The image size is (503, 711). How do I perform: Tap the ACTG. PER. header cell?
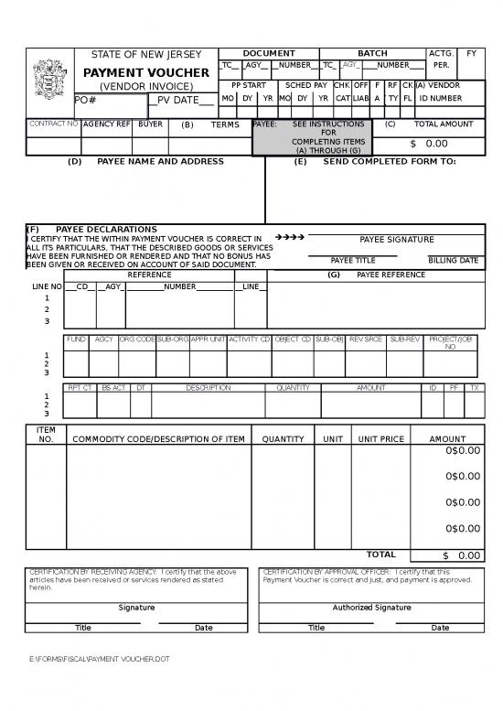[441, 59]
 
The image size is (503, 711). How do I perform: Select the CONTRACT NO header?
[54, 124]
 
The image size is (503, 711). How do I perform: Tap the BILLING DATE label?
[453, 260]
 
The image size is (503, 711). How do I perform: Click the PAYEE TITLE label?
[352, 260]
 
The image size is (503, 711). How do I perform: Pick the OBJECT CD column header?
[293, 339]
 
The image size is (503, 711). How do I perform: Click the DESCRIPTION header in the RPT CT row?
[208, 388]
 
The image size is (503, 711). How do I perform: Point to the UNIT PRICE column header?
[380, 439]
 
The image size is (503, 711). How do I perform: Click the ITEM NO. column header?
[46, 435]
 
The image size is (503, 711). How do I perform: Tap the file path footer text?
[100, 659]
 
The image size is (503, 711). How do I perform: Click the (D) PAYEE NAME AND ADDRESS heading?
[146, 161]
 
